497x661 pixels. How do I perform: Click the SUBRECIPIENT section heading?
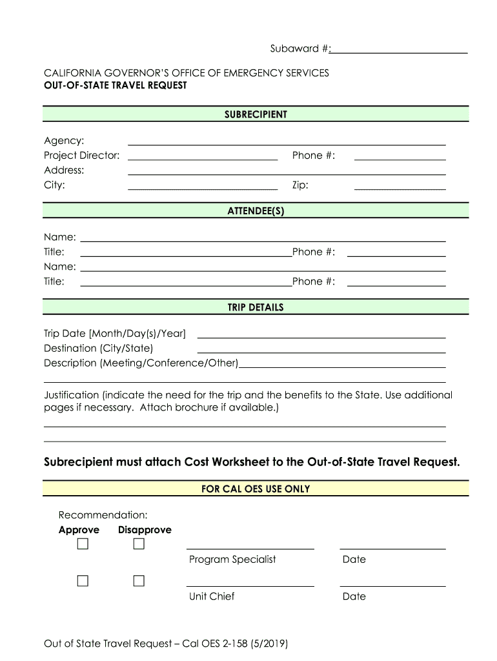(256, 115)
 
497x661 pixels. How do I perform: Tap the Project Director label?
(81, 156)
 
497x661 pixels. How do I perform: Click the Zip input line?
(400, 187)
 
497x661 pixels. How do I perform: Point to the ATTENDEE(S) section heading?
(256, 211)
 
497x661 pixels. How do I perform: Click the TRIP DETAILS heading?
(256, 307)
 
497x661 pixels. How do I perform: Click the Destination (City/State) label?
(98, 349)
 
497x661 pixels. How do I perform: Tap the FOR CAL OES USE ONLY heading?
(256, 489)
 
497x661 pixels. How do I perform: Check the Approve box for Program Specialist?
(83, 544)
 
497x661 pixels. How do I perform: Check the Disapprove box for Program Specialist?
(139, 544)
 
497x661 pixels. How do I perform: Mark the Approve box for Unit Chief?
(83, 581)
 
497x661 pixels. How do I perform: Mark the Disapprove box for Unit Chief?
(139, 581)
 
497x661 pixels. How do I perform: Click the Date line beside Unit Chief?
(392, 584)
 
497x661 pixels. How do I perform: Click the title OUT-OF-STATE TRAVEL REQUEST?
(116, 85)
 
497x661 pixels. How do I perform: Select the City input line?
(203, 187)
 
